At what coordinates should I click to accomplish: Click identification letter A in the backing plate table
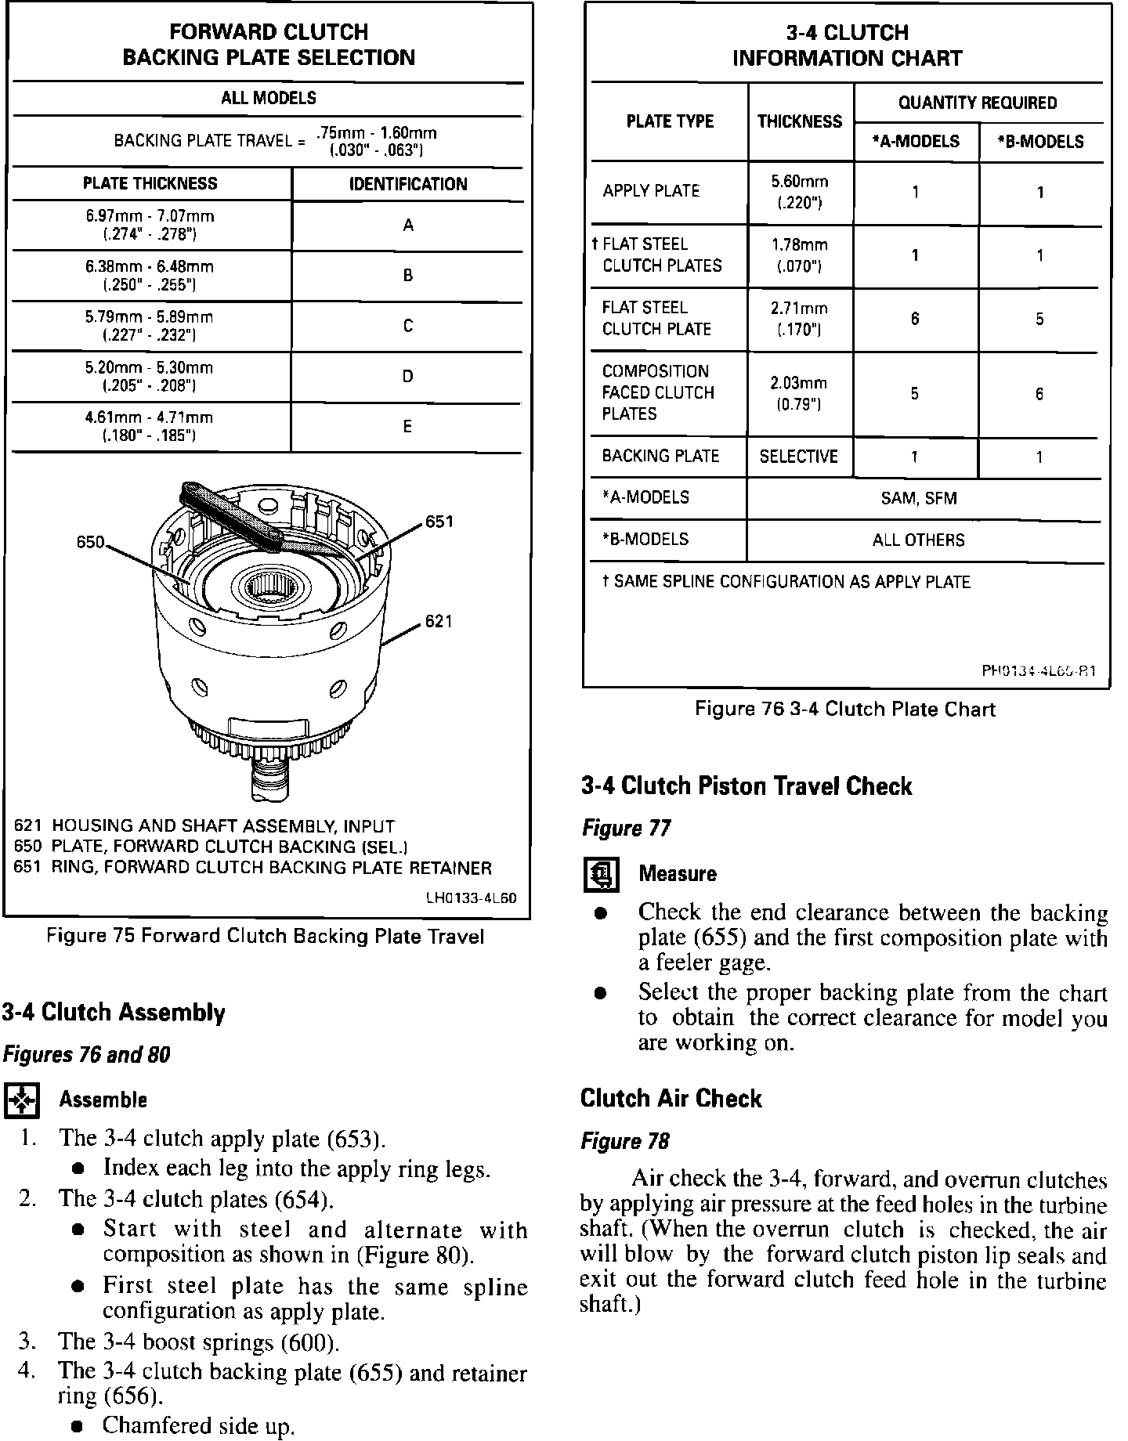point(408,226)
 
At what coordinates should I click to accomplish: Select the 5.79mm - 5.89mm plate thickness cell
point(149,326)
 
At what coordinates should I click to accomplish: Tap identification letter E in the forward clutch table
point(407,427)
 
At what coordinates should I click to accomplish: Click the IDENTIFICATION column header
point(408,184)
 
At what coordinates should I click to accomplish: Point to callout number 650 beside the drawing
point(91,542)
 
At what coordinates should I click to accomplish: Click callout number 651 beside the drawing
point(439,522)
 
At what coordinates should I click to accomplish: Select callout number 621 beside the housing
point(439,622)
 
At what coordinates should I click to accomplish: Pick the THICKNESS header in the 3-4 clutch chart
point(800,121)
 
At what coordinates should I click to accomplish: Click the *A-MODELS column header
point(916,142)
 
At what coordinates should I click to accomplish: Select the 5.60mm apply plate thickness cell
point(800,193)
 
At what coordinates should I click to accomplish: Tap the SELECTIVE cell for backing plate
point(799,457)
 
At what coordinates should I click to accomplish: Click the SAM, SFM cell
point(919,499)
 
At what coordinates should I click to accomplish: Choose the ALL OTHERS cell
point(919,540)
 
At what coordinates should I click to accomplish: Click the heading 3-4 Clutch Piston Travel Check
point(747,786)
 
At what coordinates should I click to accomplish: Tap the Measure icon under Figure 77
point(601,875)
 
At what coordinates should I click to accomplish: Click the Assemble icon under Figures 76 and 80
point(21,1100)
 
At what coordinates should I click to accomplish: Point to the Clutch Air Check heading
point(671,1099)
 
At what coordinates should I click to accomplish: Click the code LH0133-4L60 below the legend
point(471,898)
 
